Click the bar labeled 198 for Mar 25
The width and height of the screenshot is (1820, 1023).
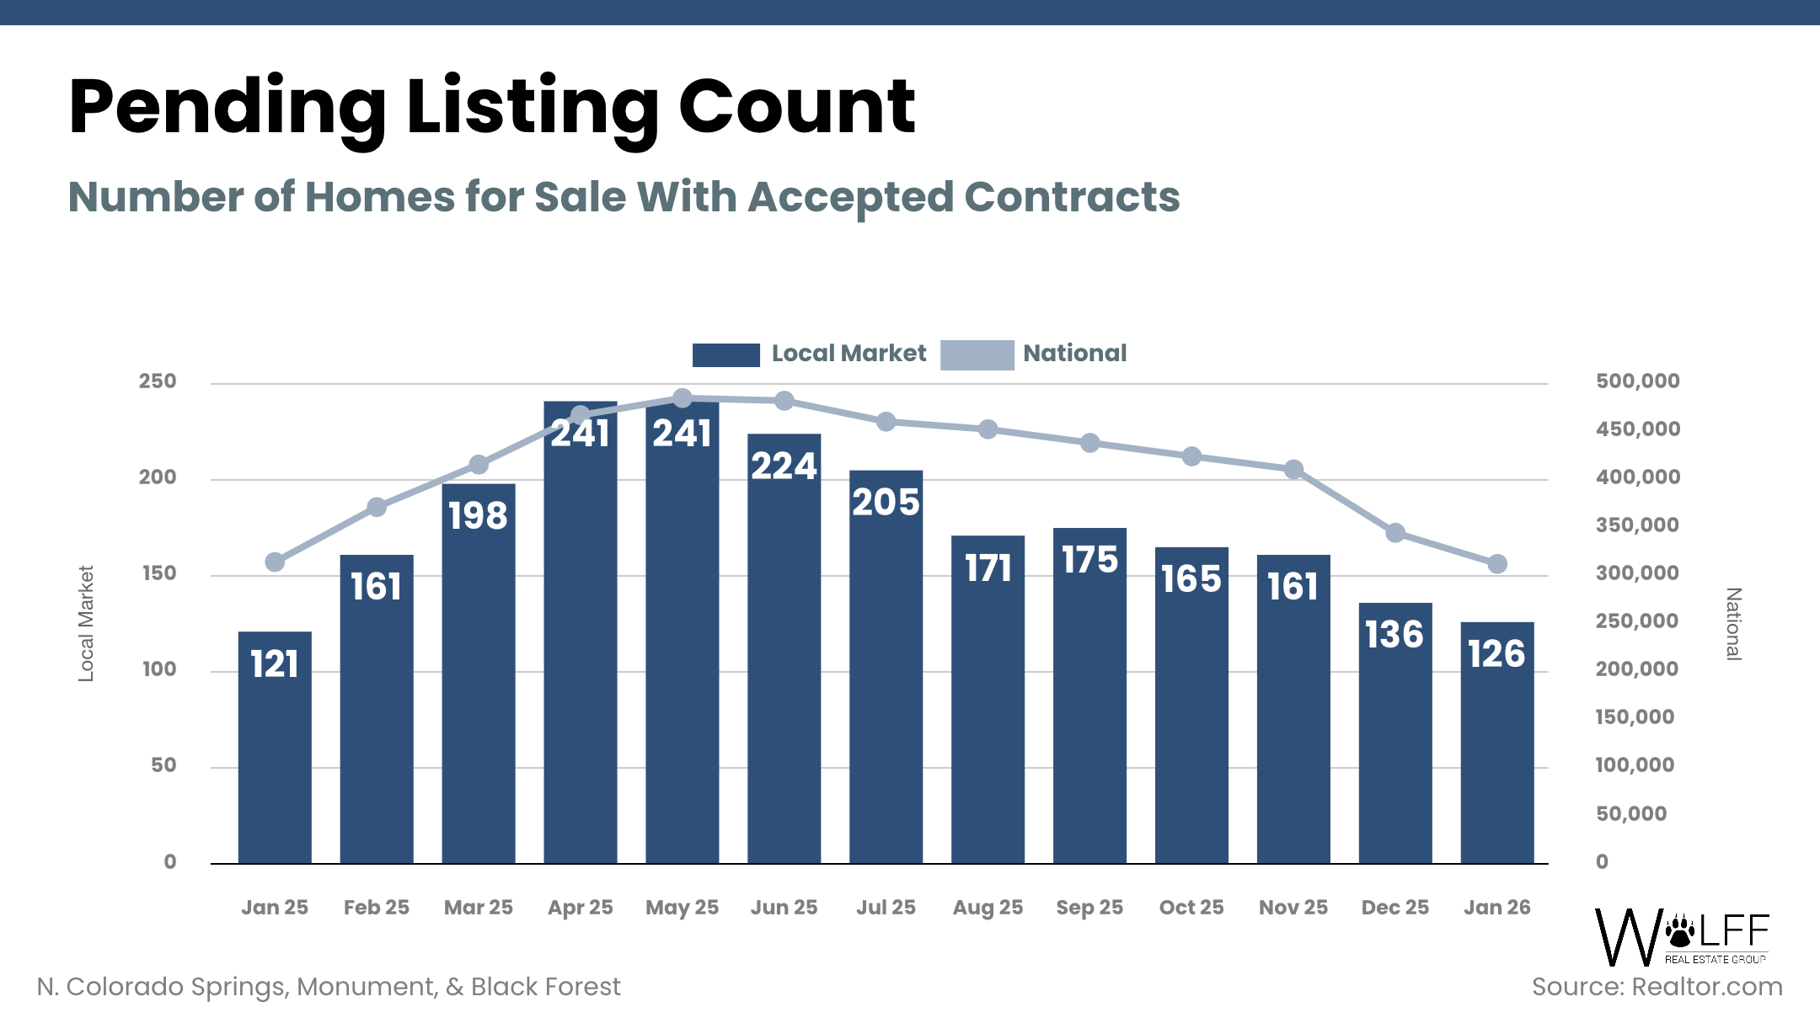pos(479,674)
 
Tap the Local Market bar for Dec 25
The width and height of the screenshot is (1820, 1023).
pos(1395,733)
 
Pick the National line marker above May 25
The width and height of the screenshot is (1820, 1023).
pos(682,398)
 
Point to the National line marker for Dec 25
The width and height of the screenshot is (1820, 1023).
pos(1395,533)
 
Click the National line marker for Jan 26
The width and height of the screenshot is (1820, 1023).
pos(1497,564)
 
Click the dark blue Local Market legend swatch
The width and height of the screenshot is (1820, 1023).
pos(725,354)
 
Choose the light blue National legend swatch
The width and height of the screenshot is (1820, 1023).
pos(977,354)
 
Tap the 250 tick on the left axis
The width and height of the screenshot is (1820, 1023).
pos(158,381)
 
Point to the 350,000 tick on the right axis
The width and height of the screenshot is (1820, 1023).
pos(1637,525)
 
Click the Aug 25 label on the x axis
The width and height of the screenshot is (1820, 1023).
pos(988,908)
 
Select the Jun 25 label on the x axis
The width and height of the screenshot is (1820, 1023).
pos(784,908)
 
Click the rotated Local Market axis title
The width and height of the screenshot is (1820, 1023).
pos(86,623)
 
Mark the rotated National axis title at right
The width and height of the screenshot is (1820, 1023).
pos(1733,624)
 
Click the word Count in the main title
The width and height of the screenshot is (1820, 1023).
pos(796,107)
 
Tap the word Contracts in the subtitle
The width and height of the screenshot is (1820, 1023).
pos(1072,197)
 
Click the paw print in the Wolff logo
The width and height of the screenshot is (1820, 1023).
pos(1682,930)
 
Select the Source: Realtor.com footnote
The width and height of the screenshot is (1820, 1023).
pos(1657,987)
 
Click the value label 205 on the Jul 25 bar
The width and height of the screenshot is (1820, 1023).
pos(886,503)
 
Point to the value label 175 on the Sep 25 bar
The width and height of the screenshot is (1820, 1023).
pos(1089,560)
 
